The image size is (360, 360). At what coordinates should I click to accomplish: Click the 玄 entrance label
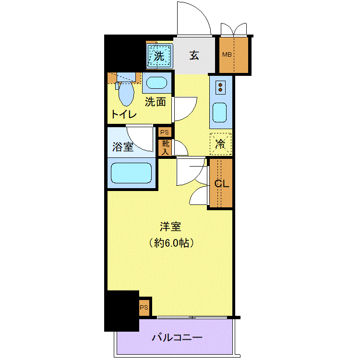[x=194, y=55]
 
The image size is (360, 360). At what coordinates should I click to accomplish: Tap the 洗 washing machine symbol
[x=159, y=56]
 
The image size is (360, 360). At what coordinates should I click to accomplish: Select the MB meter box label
[x=227, y=55]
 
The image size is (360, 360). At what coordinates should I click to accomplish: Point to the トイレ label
[x=124, y=114]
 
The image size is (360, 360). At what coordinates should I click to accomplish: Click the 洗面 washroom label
[x=155, y=102]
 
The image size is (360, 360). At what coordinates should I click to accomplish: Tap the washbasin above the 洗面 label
[x=156, y=83]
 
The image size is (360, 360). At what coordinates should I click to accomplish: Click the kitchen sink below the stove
[x=220, y=112]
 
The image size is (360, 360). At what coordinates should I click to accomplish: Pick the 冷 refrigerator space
[x=220, y=144]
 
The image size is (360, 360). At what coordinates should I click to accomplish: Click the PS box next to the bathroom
[x=165, y=132]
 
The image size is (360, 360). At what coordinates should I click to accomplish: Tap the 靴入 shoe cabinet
[x=165, y=148]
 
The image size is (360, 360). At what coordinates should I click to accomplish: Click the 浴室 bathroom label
[x=123, y=147]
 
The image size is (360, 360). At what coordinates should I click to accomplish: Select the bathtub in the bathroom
[x=132, y=173]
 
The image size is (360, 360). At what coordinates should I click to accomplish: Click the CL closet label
[x=222, y=183]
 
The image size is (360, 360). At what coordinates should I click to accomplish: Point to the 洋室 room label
[x=170, y=227]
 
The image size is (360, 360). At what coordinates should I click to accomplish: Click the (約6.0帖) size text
[x=171, y=243]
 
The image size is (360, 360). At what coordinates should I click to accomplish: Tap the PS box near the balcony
[x=144, y=307]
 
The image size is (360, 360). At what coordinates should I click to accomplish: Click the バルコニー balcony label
[x=177, y=337]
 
